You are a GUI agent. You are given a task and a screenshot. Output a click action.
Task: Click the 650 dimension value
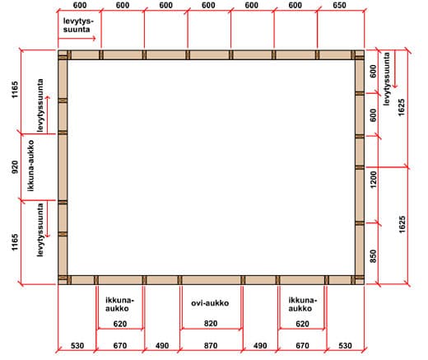pyautogui.click(x=339, y=5)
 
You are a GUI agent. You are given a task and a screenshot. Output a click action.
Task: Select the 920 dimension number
pyautogui.click(x=15, y=167)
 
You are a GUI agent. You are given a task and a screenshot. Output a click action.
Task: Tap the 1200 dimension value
pyautogui.click(x=374, y=180)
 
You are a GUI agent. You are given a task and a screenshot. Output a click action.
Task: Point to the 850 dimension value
pyautogui.click(x=374, y=256)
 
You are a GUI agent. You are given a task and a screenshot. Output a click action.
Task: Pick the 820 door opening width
pyautogui.click(x=211, y=323)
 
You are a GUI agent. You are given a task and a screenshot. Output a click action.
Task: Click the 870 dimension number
pyautogui.click(x=211, y=345)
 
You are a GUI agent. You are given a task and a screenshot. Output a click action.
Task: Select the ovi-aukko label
pyautogui.click(x=210, y=303)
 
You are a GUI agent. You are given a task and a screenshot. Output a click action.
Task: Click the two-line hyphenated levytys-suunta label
pyautogui.click(x=78, y=25)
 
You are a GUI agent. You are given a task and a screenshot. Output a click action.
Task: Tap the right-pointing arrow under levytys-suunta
pyautogui.click(x=77, y=38)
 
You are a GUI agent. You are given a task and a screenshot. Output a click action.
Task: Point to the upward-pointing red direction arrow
pyautogui.click(x=47, y=115)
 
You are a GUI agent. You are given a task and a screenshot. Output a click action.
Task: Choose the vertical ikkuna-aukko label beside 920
pyautogui.click(x=31, y=166)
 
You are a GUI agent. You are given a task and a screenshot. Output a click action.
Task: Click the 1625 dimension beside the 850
pyautogui.click(x=402, y=225)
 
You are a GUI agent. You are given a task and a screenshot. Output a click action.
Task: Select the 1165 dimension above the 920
pyautogui.click(x=15, y=90)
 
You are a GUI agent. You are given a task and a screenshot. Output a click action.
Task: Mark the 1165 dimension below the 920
pyautogui.click(x=15, y=242)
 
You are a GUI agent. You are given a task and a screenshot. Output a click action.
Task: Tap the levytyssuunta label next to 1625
pyautogui.click(x=386, y=79)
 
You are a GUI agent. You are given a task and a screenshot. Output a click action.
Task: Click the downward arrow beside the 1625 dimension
pyautogui.click(x=395, y=69)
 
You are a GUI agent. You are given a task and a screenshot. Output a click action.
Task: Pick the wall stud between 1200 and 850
pyautogui.click(x=360, y=223)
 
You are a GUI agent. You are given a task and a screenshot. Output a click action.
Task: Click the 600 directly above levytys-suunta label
pyautogui.click(x=80, y=5)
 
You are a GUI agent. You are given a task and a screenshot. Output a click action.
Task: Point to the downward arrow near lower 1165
pyautogui.click(x=47, y=219)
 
